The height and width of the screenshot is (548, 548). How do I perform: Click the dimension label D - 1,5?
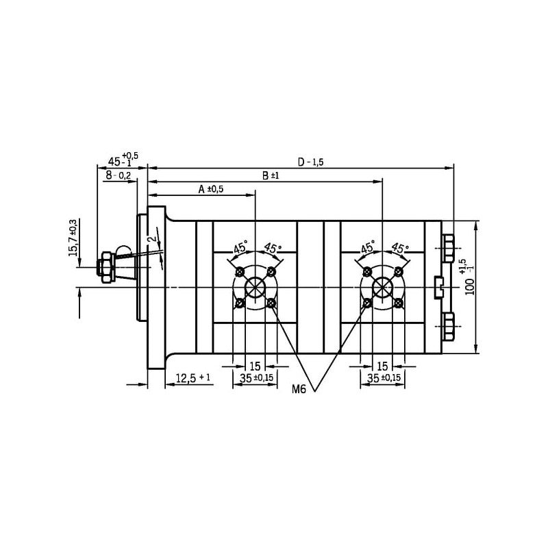(311, 162)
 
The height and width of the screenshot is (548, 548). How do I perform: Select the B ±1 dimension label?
(271, 175)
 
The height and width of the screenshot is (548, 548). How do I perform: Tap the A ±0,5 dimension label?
(210, 190)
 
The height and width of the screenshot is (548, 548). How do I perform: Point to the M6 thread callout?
(299, 389)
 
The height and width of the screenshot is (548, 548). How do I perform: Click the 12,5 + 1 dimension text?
(193, 378)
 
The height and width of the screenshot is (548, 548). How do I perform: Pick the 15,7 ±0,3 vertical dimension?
(73, 238)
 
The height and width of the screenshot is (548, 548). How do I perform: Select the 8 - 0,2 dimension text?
(119, 175)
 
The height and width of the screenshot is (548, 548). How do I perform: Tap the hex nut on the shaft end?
(106, 267)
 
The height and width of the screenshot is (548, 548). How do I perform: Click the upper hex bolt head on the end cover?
(448, 249)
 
